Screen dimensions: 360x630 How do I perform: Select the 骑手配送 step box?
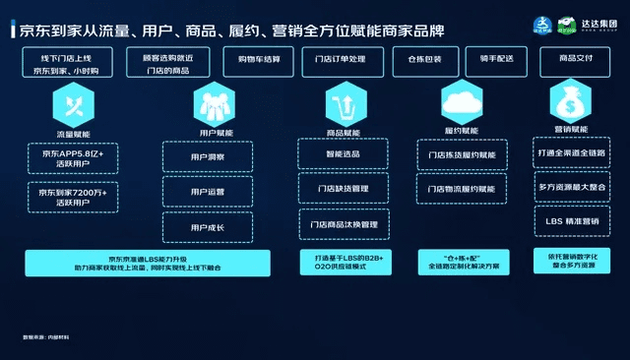pos(498,59)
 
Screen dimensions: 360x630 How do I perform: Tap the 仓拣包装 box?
pos(424,59)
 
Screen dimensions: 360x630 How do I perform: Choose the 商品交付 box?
pos(574,59)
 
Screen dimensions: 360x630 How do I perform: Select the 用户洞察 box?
pos(208,156)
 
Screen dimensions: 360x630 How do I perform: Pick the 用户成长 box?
pos(208,227)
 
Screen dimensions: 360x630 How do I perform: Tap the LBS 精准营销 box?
pos(573,221)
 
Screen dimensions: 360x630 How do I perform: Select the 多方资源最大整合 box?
pos(573,188)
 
